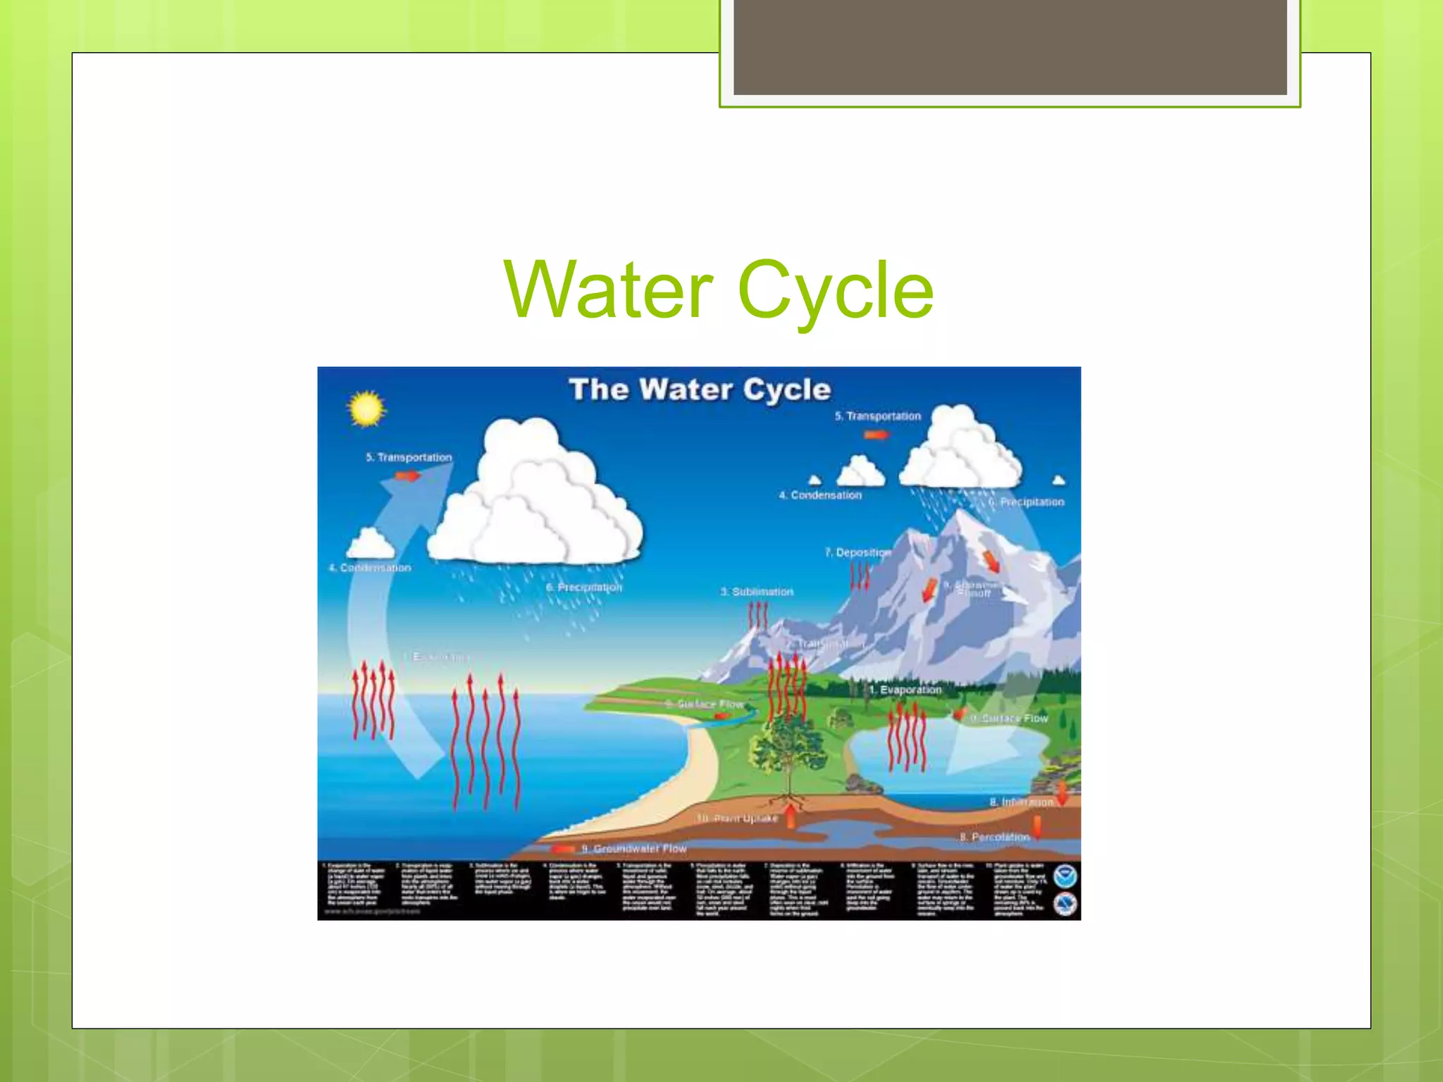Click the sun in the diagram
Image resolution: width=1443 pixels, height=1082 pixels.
tap(366, 409)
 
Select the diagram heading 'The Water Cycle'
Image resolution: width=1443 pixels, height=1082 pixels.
tap(700, 390)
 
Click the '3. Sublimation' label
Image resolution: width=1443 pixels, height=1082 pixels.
tap(757, 592)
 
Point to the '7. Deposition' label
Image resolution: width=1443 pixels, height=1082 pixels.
tap(857, 552)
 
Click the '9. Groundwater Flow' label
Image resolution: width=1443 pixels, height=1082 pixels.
tap(633, 848)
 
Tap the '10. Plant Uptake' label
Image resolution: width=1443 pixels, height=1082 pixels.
tap(737, 818)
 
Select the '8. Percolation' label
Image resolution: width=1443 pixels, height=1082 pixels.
tap(994, 837)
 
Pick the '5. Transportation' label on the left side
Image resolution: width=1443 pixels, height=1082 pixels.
tap(409, 457)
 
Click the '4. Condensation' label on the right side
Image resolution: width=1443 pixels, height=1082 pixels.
tap(820, 495)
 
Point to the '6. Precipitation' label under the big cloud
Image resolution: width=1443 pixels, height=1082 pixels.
tap(584, 587)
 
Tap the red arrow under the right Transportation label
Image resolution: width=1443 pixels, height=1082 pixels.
tap(876, 435)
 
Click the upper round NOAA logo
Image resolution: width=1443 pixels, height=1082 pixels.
tap(1065, 877)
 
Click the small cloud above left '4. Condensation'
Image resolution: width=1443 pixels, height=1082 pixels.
tap(371, 544)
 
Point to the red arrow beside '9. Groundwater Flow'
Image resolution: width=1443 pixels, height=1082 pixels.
tap(564, 850)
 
